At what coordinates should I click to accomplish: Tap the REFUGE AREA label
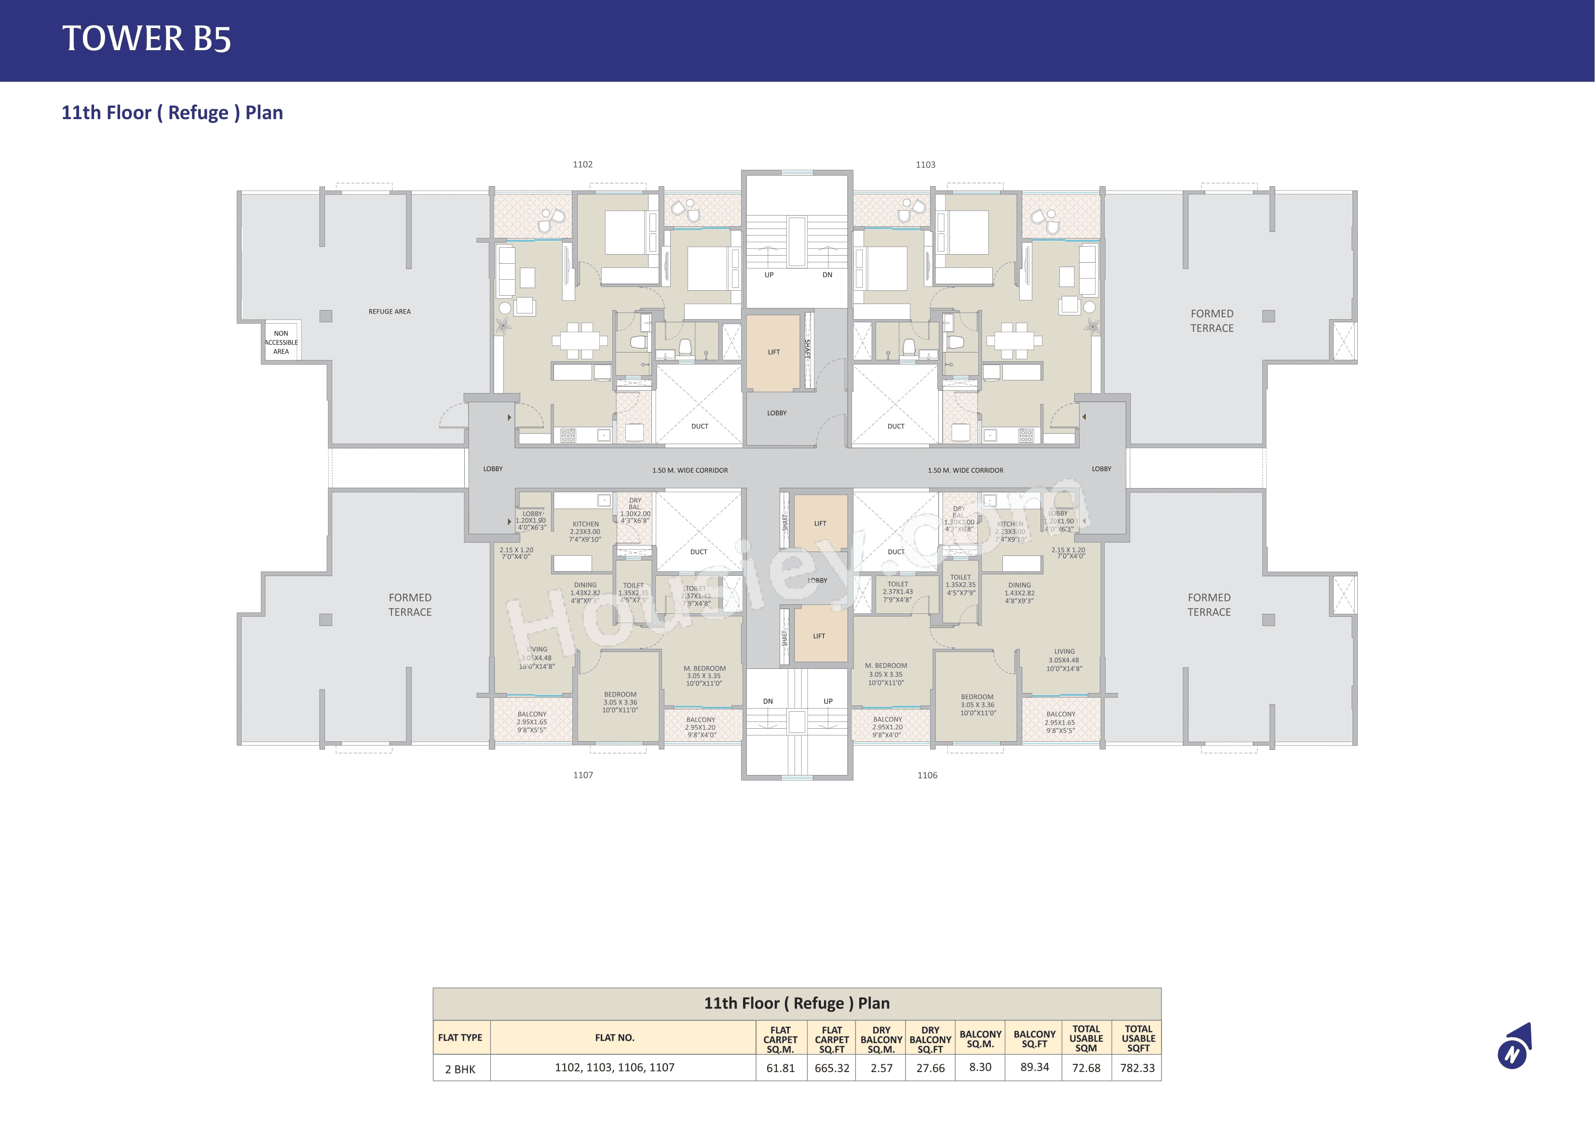coord(389,312)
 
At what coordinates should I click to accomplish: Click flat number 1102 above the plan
coord(582,165)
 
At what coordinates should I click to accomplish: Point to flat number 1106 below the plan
coord(927,775)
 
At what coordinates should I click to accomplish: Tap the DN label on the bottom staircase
coord(768,701)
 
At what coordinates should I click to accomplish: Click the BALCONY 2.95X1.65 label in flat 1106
coord(1060,721)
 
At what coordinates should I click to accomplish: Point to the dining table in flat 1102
coord(580,340)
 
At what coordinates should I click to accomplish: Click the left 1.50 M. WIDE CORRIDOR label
coord(690,471)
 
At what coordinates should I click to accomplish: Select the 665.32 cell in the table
coord(832,1068)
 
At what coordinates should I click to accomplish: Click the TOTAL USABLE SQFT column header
coord(1138,1038)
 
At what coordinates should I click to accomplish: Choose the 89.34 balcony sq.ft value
coord(1034,1067)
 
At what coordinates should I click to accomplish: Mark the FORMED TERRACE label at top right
coord(1212,320)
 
